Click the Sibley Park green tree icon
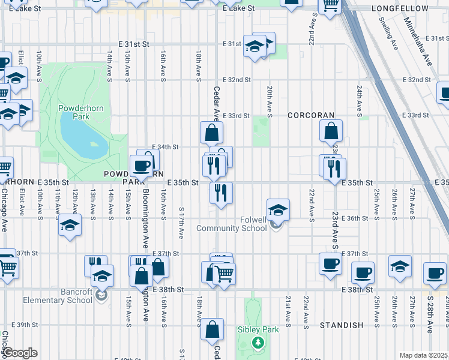click(x=258, y=343)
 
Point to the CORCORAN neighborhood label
click(x=310, y=115)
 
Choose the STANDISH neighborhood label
click(x=342, y=325)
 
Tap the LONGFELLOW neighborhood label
click(x=408, y=8)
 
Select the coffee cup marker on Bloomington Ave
click(x=142, y=166)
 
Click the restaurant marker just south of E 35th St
click(x=221, y=193)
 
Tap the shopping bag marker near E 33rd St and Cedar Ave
click(x=212, y=133)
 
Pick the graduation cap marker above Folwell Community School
click(x=277, y=210)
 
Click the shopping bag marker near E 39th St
click(x=212, y=329)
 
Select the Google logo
click(x=19, y=353)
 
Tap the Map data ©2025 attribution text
click(x=423, y=355)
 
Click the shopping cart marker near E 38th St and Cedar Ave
click(x=224, y=274)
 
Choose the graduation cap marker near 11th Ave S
click(x=70, y=226)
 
